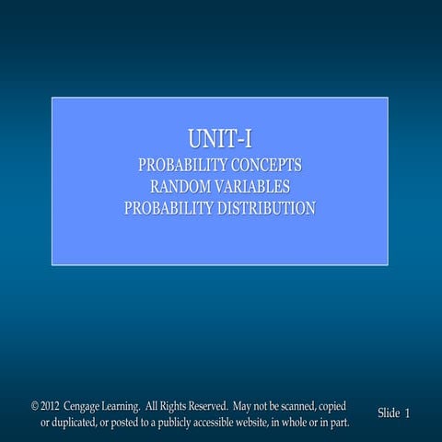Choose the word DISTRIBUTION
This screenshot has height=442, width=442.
(x=266, y=209)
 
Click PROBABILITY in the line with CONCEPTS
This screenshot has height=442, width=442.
(x=178, y=167)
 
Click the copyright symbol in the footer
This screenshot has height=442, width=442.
(x=35, y=406)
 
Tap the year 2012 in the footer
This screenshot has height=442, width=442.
(x=51, y=406)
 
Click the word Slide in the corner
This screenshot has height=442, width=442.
(x=389, y=413)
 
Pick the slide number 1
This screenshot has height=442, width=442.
(x=407, y=413)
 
